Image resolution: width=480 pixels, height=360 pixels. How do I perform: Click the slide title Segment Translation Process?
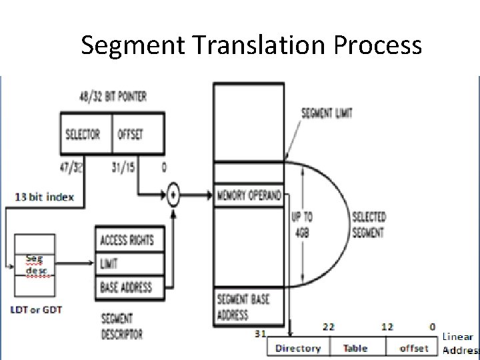pyautogui.click(x=251, y=45)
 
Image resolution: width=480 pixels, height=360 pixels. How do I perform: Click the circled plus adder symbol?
pyautogui.click(x=173, y=196)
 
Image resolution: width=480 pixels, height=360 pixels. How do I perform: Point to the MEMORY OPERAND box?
pyautogui.click(x=249, y=195)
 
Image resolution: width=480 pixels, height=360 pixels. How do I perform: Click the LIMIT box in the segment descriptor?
pyautogui.click(x=131, y=264)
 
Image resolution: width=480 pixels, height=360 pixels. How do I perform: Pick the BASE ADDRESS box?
pyautogui.click(x=131, y=288)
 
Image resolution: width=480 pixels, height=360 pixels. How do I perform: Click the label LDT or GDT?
pyautogui.click(x=36, y=310)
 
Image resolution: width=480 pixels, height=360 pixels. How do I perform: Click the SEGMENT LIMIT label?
pyautogui.click(x=327, y=113)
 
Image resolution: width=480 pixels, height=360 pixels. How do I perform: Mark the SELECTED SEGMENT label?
pyautogui.click(x=367, y=225)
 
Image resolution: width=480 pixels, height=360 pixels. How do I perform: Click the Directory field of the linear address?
pyautogui.click(x=297, y=348)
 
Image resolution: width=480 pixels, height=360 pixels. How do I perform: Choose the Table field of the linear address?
pyautogui.click(x=355, y=348)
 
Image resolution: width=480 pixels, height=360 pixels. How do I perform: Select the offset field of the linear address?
pyautogui.click(x=413, y=348)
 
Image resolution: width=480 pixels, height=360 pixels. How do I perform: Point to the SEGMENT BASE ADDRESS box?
pyautogui.click(x=249, y=307)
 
